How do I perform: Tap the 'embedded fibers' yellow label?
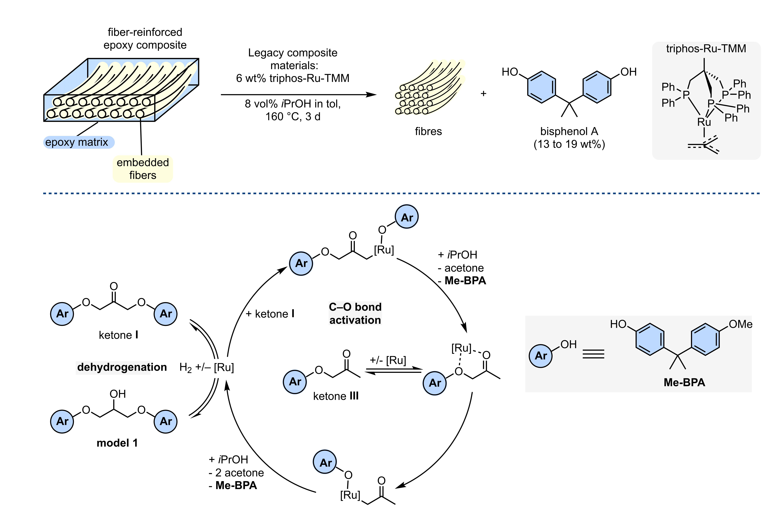[143, 169]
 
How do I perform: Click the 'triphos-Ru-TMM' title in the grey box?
[706, 48]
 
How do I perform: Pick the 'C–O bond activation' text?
[355, 313]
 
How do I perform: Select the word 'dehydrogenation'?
[122, 367]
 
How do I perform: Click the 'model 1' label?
[117, 443]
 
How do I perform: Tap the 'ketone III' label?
[336, 396]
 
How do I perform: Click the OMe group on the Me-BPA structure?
[740, 324]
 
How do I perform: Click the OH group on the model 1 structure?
[118, 394]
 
